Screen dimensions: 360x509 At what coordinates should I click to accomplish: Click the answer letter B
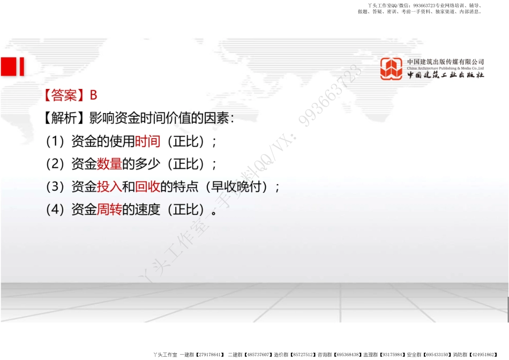coord(93,95)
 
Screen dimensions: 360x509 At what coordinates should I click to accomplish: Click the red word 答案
coord(64,95)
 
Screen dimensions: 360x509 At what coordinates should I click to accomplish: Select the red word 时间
coord(147,141)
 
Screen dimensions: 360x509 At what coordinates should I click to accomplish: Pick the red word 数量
coord(109,164)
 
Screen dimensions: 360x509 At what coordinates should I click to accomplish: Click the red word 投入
coord(109,187)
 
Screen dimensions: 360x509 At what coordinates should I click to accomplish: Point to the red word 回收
coord(147,187)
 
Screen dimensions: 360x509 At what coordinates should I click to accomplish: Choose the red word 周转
coord(109,210)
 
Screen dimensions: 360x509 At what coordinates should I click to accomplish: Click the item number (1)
coord(55,141)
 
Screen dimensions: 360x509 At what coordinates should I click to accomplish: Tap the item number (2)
coord(55,164)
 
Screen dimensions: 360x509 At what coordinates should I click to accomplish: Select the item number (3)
coord(55,187)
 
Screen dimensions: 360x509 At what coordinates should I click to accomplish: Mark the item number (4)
coord(55,210)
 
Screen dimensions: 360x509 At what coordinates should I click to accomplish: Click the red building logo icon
coord(391,69)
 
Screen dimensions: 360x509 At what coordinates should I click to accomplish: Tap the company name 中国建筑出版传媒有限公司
coord(445,62)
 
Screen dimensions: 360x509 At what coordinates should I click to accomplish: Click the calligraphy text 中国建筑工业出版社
coord(445,76)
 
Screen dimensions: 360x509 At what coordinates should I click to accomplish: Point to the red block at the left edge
coord(12,66)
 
